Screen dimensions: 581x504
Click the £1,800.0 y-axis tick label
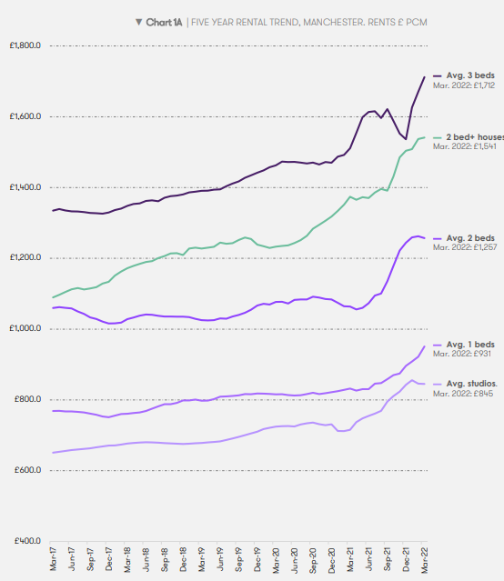(25, 45)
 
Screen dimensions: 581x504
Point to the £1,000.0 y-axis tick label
(25, 328)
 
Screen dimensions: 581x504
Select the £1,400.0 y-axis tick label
(25, 187)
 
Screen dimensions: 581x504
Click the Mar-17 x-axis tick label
(54, 561)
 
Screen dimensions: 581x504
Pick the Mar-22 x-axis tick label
(425, 561)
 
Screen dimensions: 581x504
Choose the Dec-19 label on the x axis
(258, 561)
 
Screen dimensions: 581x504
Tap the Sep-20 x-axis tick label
(314, 561)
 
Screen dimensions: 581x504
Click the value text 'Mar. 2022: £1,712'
(463, 85)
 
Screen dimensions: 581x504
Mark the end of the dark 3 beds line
(425, 76)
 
